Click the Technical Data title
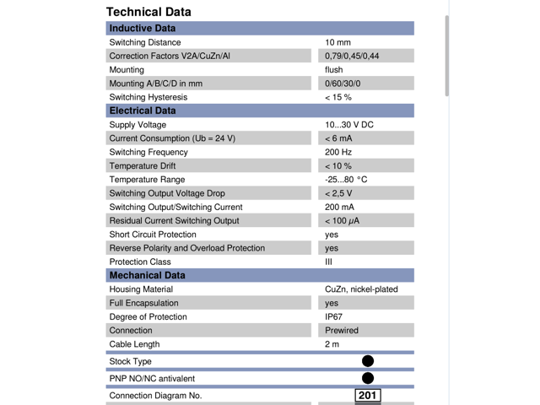148,12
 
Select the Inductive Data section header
143,29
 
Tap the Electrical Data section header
143,111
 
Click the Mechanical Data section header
147,275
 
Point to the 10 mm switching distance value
337,42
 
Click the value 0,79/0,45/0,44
352,56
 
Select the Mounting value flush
334,70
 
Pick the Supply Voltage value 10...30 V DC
349,125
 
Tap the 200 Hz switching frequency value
338,152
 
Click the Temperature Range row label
148,180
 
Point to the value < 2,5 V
339,193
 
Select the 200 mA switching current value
340,207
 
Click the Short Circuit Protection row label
153,235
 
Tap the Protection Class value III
329,262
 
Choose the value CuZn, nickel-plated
361,289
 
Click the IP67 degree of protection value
334,316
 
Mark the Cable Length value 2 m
332,344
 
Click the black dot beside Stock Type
368,361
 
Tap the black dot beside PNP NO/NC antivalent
368,378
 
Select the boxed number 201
368,395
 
